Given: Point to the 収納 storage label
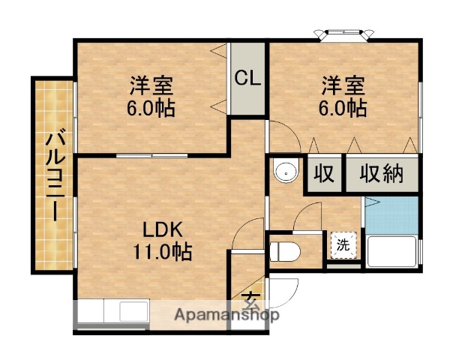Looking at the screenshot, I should tap(382, 174).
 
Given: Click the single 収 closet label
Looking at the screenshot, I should tap(323, 174).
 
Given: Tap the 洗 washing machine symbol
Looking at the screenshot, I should tap(343, 244).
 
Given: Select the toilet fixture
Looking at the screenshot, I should tap(285, 250).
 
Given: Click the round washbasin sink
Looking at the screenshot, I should tap(286, 172).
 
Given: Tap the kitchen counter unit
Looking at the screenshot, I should tap(112, 314).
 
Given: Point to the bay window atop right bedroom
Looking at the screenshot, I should tap(344, 34).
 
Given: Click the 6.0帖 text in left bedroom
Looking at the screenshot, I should tap(150, 109).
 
